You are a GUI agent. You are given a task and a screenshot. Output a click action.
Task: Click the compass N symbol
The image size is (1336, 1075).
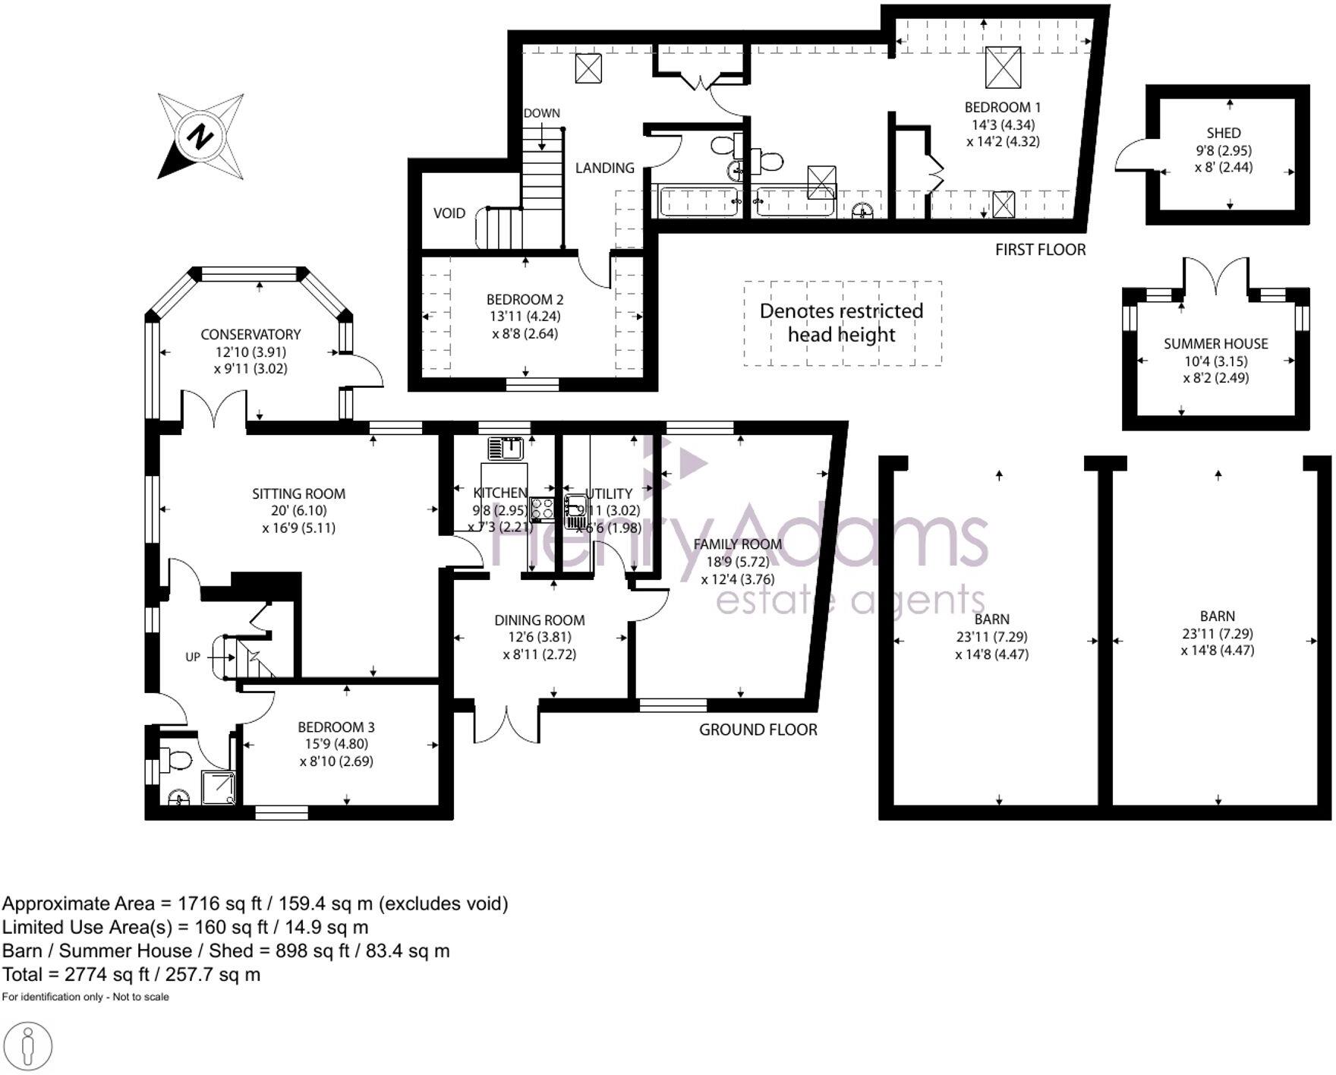[200, 137]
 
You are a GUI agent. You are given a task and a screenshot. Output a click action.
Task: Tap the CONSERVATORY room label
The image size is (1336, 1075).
[250, 335]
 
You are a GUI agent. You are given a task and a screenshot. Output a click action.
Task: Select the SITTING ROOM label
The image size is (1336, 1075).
[298, 494]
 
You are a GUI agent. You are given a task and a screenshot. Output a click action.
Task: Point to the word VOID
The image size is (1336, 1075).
[449, 213]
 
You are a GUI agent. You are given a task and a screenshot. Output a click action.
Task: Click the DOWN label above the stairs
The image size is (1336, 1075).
[541, 114]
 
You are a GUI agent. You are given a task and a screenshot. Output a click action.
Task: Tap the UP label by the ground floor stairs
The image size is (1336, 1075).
[193, 657]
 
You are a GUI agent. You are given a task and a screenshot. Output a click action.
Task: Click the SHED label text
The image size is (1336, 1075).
[1223, 134]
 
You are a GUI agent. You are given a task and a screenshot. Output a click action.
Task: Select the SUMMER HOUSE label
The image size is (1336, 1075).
[1215, 344]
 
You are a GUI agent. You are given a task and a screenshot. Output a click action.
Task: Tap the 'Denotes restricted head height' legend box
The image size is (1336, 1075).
[842, 323]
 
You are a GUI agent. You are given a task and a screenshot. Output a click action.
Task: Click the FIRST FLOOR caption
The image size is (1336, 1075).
[1040, 250]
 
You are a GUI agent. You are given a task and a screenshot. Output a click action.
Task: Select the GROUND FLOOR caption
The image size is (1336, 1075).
[758, 730]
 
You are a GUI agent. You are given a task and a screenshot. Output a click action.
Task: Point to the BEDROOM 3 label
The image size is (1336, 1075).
[336, 727]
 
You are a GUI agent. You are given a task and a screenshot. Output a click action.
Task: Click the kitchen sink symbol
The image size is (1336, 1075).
[506, 448]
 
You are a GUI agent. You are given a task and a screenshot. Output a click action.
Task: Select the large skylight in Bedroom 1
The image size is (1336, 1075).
[1002, 68]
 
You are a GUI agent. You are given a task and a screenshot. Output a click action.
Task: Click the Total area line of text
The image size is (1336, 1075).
[131, 975]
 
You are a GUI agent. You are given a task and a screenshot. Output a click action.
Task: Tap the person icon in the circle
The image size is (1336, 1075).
[29, 1047]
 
